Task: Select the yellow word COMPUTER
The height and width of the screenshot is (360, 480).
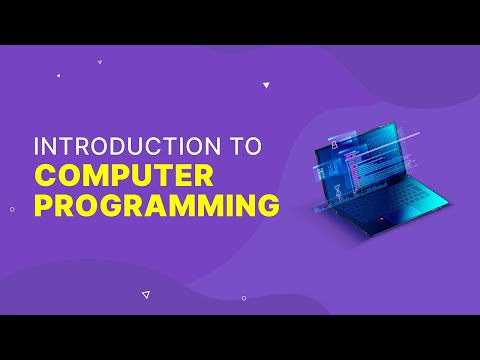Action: coord(124,175)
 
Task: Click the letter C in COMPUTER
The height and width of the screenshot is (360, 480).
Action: coord(46,175)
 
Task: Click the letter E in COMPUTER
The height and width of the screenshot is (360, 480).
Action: coord(181,175)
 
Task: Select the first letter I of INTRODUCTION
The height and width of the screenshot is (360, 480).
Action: coord(37,145)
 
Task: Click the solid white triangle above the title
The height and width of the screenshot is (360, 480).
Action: coord(266,85)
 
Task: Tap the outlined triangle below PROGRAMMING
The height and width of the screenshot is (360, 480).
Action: coord(146,294)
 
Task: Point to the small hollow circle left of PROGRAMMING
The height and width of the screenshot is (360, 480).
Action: coord(11,209)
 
